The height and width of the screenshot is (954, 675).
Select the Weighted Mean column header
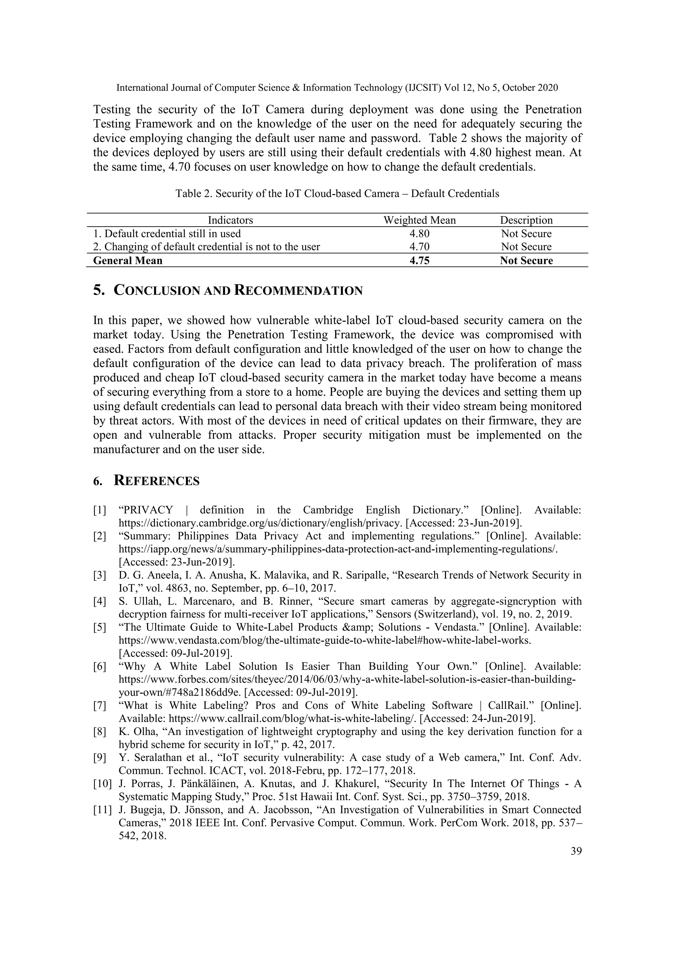[419, 220]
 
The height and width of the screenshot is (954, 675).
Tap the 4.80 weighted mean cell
[419, 234]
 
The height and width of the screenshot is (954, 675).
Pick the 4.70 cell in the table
[419, 247]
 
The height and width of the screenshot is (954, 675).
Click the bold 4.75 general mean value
[419, 261]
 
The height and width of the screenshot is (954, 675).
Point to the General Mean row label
[128, 261]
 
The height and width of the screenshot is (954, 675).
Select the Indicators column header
[230, 220]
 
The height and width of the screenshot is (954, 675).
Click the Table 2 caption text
[337, 194]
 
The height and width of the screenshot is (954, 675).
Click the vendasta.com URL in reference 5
[325, 640]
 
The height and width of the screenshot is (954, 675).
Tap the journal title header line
[337, 88]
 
